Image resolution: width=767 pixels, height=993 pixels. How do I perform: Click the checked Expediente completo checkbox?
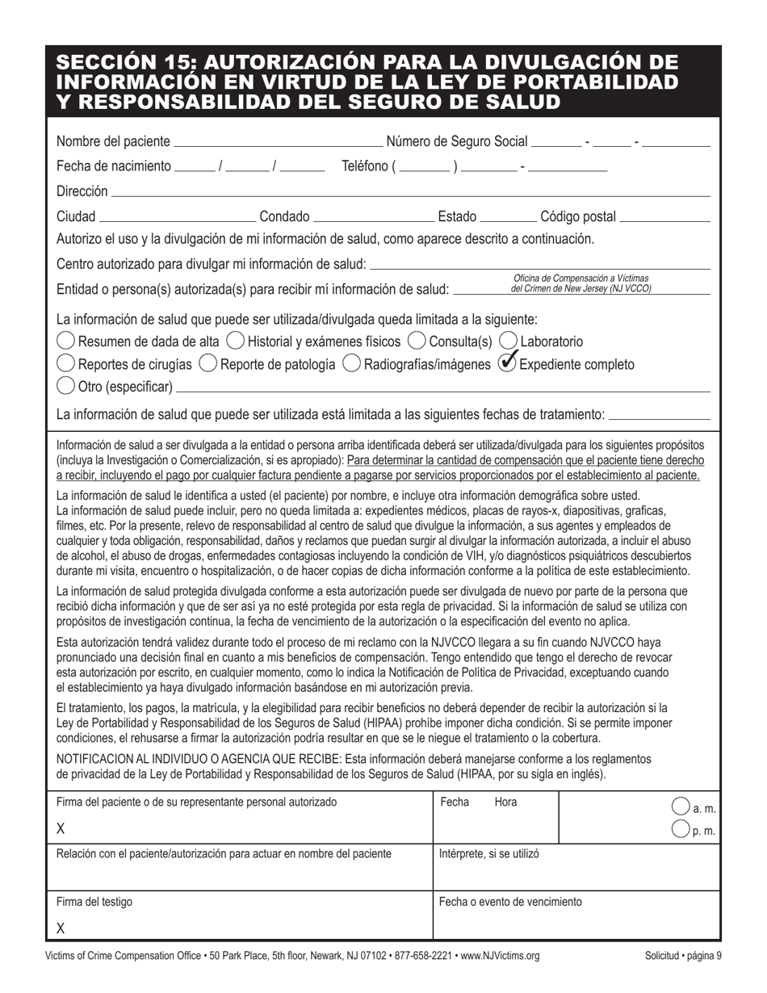click(x=508, y=364)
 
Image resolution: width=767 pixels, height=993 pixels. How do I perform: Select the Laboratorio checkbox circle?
click(x=509, y=341)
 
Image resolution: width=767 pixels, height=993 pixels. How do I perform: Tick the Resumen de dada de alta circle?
click(x=66, y=341)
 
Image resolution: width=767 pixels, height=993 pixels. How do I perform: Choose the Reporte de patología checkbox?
click(x=207, y=364)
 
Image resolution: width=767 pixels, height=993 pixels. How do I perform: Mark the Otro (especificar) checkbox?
click(x=66, y=387)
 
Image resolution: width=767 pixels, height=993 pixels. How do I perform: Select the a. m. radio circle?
click(x=681, y=807)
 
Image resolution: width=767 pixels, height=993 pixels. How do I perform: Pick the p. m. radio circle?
click(x=681, y=829)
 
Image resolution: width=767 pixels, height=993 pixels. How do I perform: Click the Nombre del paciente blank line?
click(x=278, y=143)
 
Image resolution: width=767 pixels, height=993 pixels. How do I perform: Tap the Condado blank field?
click(x=373, y=217)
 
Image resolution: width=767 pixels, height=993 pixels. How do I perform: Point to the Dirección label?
click(x=82, y=191)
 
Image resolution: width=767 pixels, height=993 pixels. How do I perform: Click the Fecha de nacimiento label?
click(x=114, y=166)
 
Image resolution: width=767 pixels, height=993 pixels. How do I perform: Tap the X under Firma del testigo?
click(x=61, y=928)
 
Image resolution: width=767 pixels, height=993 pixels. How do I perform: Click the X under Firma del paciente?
click(x=61, y=829)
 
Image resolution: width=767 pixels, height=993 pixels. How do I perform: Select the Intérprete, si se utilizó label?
click(x=488, y=853)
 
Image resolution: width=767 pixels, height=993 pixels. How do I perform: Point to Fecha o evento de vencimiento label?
click(x=509, y=902)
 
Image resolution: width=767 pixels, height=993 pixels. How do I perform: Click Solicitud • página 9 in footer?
click(x=683, y=956)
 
